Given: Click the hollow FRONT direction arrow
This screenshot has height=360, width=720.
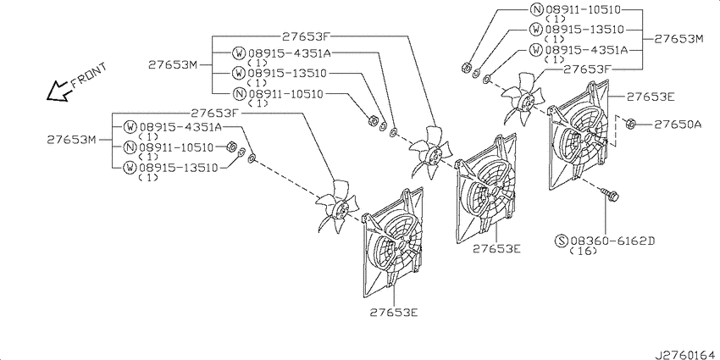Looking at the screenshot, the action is (58, 91).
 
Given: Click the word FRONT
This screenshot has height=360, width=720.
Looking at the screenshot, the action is (89, 75).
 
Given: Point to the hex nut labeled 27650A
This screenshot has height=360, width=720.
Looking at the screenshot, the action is (630, 123).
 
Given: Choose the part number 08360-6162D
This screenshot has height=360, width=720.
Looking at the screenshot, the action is (613, 241).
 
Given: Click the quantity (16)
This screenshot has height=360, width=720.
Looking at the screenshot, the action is (583, 251).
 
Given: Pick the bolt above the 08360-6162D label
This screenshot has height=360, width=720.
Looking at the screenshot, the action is (609, 195).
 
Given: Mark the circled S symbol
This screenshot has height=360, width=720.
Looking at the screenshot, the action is (562, 241).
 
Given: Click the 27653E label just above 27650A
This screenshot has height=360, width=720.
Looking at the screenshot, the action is (651, 97).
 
